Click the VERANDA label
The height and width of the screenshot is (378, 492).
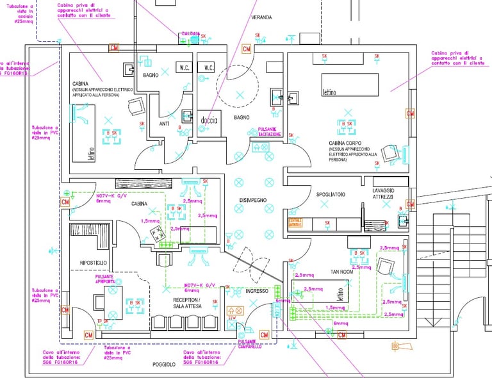(261, 17)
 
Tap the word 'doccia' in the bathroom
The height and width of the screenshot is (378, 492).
(209, 120)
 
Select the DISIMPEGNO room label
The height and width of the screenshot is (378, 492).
(253, 201)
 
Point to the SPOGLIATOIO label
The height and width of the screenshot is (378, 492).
(331, 193)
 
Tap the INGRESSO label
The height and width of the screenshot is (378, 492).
(257, 291)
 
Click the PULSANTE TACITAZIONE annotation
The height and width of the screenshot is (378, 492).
(270, 131)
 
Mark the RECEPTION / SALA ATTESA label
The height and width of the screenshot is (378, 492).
(186, 302)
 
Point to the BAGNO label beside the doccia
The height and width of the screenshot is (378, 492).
(242, 117)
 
